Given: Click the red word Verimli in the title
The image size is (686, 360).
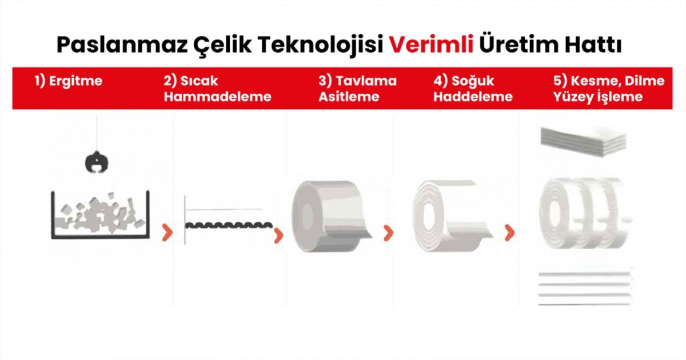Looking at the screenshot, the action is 431,45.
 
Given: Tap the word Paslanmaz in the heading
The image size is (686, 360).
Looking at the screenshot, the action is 122,45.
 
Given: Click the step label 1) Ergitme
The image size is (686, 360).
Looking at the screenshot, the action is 68,81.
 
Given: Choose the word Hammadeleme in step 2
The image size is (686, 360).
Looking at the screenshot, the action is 217,97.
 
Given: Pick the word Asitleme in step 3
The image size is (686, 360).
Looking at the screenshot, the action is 349,97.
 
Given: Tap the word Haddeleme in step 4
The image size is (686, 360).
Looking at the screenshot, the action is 473,97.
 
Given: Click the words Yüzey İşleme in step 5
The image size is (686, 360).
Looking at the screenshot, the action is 598,97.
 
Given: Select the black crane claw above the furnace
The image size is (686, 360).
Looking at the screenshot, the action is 97,162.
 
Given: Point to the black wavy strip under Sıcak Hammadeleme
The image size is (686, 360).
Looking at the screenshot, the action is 229,225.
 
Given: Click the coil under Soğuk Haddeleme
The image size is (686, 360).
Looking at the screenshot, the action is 450,216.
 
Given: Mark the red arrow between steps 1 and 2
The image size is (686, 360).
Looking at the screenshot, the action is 167,233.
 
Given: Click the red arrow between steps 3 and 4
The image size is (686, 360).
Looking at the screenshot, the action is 388,233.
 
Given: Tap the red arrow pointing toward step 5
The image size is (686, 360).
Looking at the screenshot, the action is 509,233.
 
